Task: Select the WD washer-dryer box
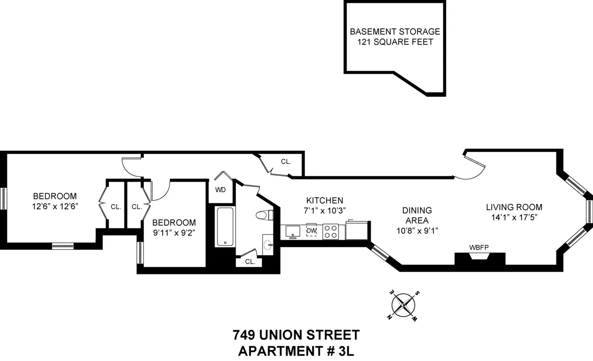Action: [x=220, y=190]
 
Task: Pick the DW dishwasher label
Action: [x=311, y=231]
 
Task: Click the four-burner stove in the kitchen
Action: [x=330, y=231]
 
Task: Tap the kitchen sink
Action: [x=293, y=231]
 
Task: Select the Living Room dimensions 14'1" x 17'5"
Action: [x=514, y=217]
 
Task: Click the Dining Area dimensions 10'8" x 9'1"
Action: [x=417, y=230]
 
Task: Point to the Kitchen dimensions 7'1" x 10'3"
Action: [x=325, y=210]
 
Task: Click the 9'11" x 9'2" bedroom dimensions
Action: [x=173, y=232]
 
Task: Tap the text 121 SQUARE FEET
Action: [x=395, y=42]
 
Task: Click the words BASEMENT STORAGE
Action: [x=395, y=32]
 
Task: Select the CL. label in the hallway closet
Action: [x=286, y=162]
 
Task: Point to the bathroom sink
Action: [x=268, y=244]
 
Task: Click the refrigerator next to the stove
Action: [x=356, y=230]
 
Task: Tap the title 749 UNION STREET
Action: [x=296, y=336]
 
